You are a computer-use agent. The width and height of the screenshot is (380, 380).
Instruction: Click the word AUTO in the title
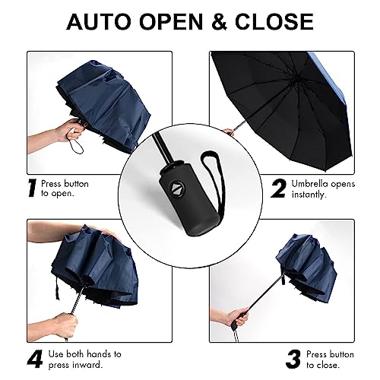(x=100, y=21)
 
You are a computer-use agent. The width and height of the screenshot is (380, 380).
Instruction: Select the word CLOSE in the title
(x=274, y=21)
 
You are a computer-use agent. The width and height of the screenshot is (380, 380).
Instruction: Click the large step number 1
(x=32, y=188)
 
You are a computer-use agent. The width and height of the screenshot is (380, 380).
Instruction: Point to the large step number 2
(x=279, y=188)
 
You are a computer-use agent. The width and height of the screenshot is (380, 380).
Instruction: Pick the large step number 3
(x=293, y=359)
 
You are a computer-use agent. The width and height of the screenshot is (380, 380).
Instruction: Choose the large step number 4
(x=35, y=359)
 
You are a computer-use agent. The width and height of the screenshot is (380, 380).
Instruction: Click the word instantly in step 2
(x=309, y=195)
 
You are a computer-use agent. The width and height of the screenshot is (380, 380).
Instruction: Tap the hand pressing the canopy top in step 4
(x=108, y=232)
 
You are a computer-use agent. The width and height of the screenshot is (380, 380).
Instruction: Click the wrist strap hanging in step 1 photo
(x=77, y=145)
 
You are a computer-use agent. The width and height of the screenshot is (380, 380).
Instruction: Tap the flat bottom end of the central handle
(x=199, y=231)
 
